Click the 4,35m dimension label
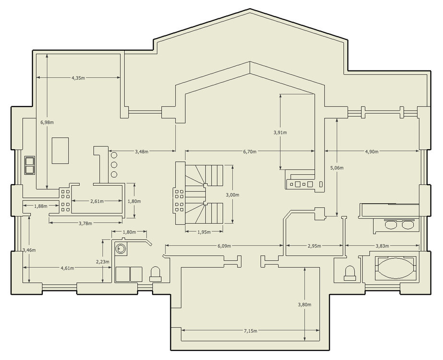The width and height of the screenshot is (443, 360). [78, 78]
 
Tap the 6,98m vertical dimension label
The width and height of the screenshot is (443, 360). [47, 122]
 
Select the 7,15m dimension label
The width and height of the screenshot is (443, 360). [251, 331]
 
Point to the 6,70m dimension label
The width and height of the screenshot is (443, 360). [250, 152]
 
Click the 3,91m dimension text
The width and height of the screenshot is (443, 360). [280, 132]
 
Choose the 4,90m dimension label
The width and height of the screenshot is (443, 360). [371, 152]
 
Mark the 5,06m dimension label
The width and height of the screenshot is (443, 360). [337, 168]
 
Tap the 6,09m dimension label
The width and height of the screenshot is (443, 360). [224, 246]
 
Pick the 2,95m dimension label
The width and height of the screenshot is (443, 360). [314, 246]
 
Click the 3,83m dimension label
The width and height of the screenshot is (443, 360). [382, 246]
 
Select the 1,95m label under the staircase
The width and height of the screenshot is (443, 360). [204, 232]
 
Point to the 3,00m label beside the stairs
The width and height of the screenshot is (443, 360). [232, 195]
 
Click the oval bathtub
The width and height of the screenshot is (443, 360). [395, 268]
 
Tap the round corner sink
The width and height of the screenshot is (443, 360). [120, 249]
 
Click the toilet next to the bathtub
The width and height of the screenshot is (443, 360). [350, 273]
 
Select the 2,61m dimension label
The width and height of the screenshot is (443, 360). [97, 201]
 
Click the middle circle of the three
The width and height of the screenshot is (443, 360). [114, 165]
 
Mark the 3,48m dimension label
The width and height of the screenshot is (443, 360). [141, 152]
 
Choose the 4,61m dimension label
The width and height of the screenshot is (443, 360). [67, 268]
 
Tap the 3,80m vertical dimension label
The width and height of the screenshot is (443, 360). [305, 305]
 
